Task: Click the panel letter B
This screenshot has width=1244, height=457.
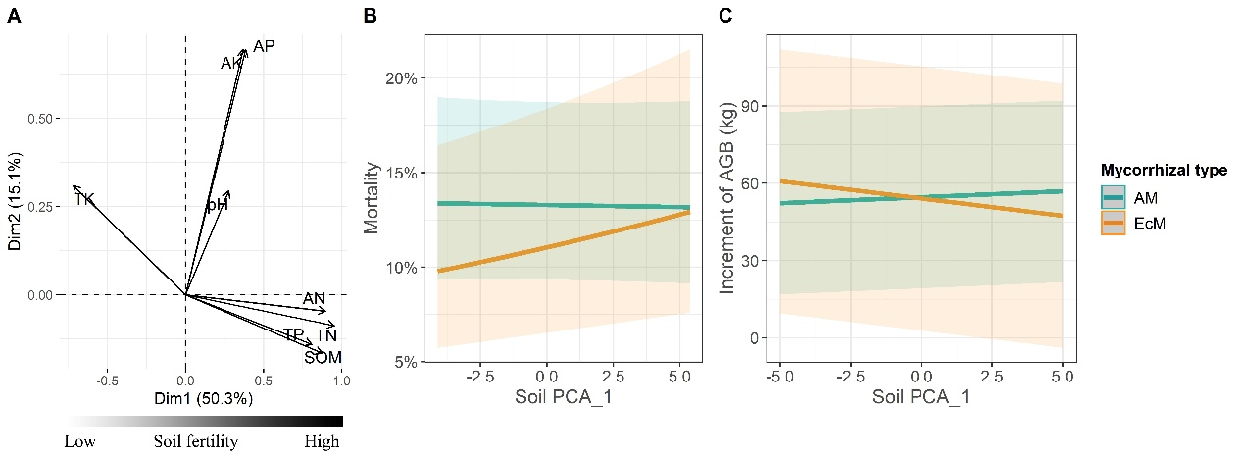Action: click(x=370, y=16)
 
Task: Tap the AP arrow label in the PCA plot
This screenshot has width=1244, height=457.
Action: click(x=264, y=46)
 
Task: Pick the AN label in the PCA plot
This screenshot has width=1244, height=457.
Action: click(x=314, y=298)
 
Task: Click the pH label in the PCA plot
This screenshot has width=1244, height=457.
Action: click(x=217, y=205)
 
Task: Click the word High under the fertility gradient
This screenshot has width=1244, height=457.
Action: click(x=322, y=442)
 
